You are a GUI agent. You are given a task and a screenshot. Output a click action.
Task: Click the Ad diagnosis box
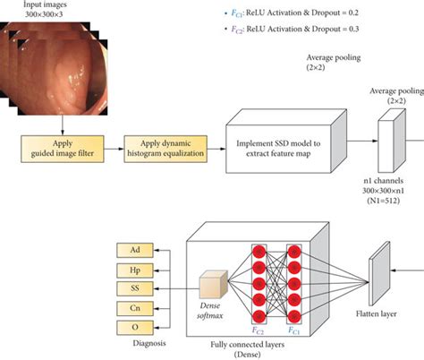[135, 248]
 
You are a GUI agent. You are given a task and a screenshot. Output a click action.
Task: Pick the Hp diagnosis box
[135, 268]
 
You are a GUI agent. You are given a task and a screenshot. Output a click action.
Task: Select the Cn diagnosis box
[135, 307]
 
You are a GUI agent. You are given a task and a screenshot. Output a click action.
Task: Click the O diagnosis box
[135, 327]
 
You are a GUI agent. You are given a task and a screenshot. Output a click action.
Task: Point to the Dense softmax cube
[210, 285]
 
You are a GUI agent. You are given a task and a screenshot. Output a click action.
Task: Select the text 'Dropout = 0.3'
[349, 30]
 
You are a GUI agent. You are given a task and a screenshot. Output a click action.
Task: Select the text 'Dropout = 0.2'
[349, 14]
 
